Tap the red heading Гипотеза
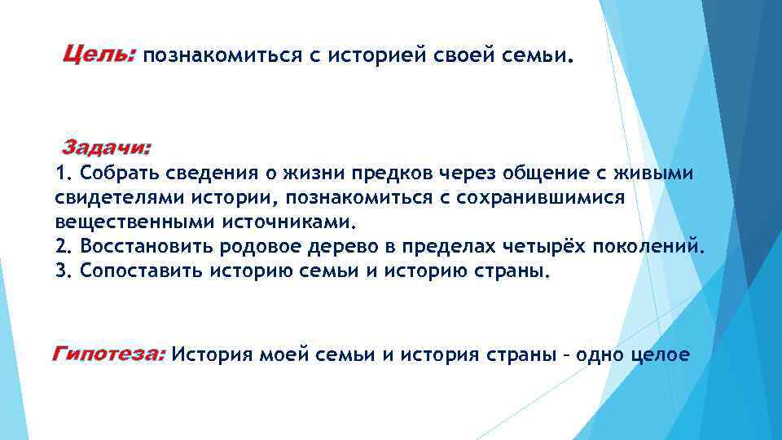click(109, 354)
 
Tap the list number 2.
click(62, 246)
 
